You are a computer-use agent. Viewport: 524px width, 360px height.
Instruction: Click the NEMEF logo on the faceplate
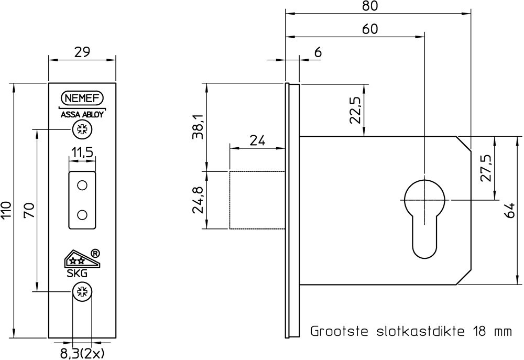[x=82, y=98]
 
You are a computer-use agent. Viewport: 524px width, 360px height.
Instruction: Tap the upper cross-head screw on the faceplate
[x=82, y=129]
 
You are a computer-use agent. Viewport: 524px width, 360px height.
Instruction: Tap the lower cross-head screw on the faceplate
[x=82, y=291]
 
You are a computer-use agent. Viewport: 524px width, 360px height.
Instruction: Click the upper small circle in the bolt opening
[x=82, y=186]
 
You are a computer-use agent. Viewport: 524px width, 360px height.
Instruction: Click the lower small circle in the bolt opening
[x=82, y=214]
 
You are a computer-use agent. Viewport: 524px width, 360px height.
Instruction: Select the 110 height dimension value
[x=7, y=210]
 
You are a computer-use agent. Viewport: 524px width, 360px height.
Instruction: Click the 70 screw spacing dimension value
[x=29, y=210]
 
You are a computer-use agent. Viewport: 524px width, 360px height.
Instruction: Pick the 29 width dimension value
[x=82, y=52]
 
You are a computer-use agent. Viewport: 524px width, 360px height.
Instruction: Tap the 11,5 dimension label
[x=82, y=152]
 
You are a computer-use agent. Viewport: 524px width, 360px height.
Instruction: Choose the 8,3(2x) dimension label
[x=82, y=353]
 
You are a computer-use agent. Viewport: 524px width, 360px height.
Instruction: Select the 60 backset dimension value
[x=370, y=29]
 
